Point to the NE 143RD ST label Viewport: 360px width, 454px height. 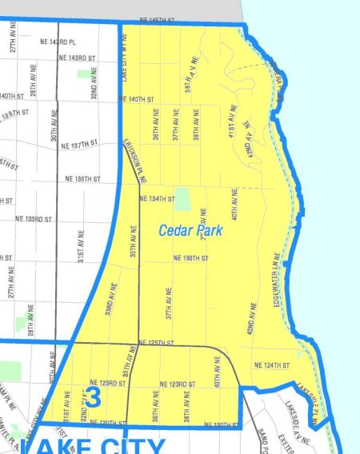(78, 58)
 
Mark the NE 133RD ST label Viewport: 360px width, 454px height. (33, 218)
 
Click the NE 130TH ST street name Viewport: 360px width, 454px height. (190, 258)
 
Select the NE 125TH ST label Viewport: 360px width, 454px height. (157, 343)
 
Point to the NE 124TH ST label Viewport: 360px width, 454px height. (270, 365)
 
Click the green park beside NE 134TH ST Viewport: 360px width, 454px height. (182, 198)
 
